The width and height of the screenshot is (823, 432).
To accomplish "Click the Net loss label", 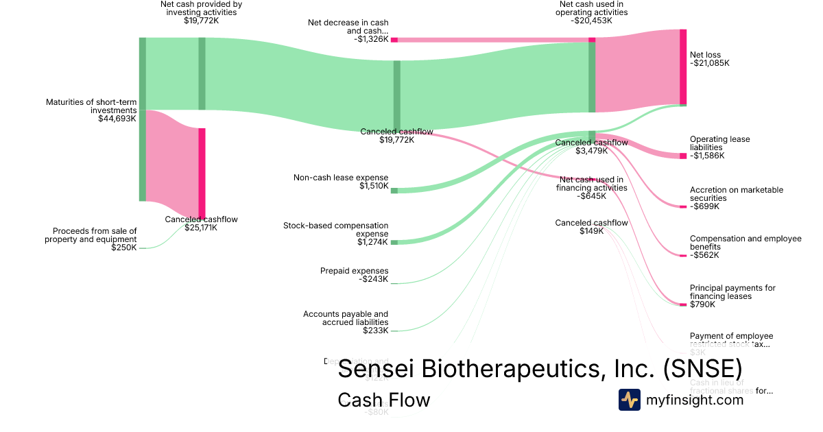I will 705,55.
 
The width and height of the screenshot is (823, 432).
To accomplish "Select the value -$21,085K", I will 710,63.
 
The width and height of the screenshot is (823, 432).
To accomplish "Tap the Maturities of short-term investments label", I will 91,106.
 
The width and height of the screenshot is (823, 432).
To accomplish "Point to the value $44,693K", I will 117,119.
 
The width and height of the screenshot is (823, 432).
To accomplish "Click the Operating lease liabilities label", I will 719,143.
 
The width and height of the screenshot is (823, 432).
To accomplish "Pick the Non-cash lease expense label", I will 341,178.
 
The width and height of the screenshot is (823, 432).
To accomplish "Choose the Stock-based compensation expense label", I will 335,230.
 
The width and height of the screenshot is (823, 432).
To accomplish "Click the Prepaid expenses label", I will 354,271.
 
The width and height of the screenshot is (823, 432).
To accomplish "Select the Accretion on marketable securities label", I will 736,194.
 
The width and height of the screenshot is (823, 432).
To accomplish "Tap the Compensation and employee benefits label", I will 745,243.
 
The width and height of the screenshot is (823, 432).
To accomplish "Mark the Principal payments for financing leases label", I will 732,292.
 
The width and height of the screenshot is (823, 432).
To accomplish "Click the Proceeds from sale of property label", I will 91,235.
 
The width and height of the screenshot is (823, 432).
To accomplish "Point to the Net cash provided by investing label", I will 201,8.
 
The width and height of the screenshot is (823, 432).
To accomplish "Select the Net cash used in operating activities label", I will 591,8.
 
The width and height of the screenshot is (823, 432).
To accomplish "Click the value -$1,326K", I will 371,39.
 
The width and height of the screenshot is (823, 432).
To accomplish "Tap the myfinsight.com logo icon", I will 629,400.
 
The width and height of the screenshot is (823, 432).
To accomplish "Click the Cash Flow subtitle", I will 383,400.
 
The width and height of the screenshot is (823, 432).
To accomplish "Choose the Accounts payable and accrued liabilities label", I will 346,318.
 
